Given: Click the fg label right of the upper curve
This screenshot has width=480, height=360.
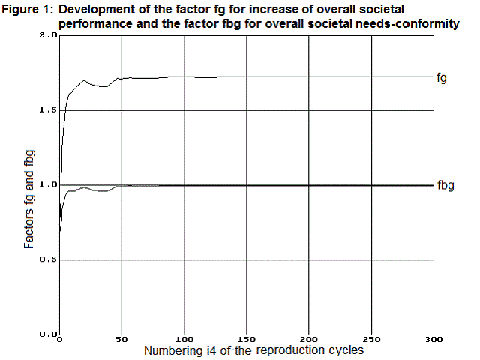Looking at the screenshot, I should click(442, 77).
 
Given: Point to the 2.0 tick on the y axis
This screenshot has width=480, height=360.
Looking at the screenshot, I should click(48, 35).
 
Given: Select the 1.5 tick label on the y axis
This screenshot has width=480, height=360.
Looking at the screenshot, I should click(48, 110).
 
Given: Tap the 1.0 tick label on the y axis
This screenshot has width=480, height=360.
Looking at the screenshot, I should click(48, 185).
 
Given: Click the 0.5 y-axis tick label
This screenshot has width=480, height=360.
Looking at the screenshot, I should click(48, 260).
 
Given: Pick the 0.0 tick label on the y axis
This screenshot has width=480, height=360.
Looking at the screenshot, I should click(48, 334).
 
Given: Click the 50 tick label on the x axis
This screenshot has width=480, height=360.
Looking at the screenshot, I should click(121, 340).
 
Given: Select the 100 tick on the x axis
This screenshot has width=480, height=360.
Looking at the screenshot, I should click(184, 340).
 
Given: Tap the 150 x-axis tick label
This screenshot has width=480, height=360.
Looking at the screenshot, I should click(246, 340).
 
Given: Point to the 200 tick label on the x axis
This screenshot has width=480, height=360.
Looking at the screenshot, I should click(308, 340).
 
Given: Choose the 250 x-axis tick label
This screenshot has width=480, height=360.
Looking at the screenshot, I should click(370, 340).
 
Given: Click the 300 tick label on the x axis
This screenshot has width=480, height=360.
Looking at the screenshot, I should click(433, 340).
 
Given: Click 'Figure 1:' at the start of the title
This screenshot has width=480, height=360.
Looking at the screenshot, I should click(28, 10).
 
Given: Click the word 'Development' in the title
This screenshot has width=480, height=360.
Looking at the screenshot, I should click(92, 10).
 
